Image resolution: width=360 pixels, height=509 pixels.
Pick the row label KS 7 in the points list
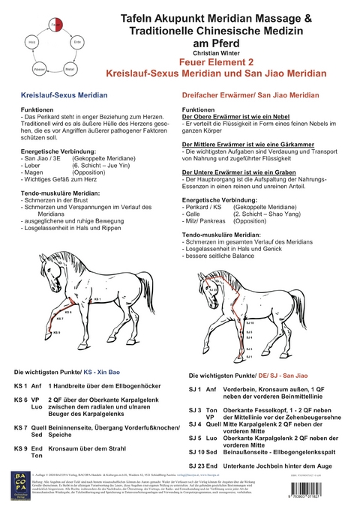23,426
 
